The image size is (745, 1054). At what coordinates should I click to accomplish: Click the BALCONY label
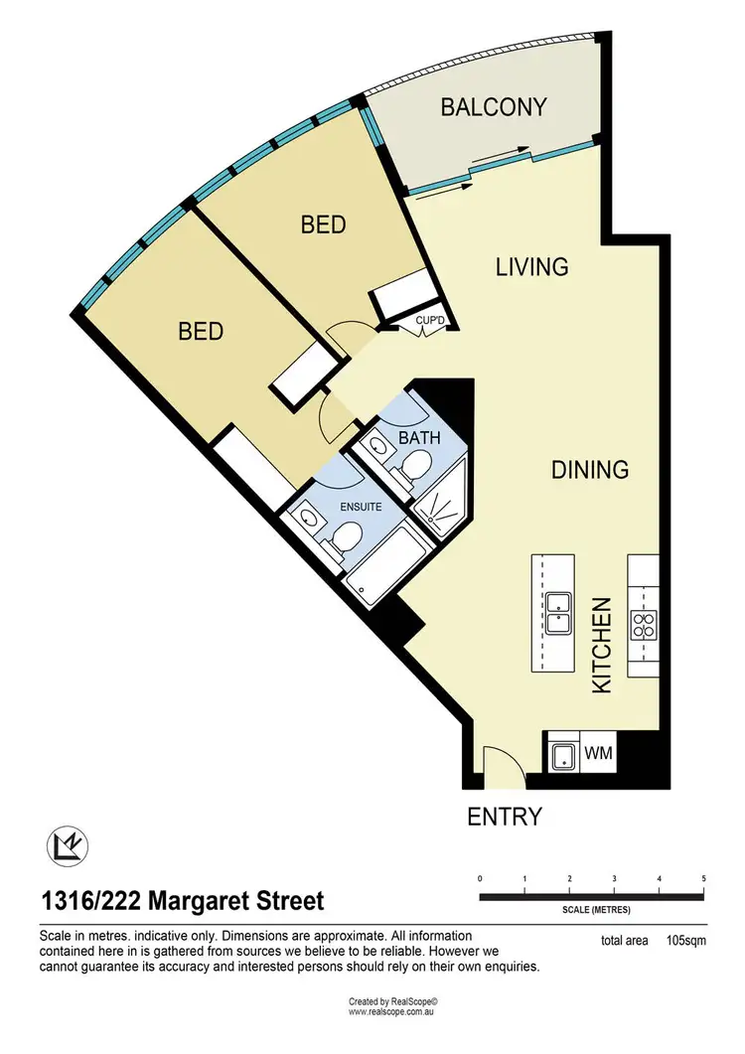[494, 107]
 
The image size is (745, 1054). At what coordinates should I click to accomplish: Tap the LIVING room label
[531, 267]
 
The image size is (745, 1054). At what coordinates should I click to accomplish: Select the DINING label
[590, 469]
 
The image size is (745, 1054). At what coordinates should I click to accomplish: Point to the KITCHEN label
[601, 646]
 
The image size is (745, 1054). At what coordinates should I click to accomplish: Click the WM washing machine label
[598, 752]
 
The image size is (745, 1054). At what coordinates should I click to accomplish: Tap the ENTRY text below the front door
[505, 817]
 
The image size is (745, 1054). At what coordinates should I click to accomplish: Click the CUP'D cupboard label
[430, 321]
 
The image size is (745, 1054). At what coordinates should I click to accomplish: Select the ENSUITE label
[361, 507]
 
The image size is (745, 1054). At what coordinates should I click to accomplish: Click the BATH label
[419, 438]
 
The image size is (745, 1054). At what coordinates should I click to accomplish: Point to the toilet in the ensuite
[345, 538]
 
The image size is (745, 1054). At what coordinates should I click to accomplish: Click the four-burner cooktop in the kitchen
[645, 625]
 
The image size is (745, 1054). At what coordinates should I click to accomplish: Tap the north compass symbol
[68, 845]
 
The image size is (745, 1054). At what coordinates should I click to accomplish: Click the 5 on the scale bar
[703, 878]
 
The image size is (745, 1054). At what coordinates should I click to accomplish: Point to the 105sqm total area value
[685, 941]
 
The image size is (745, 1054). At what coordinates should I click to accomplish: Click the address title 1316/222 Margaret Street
[183, 900]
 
